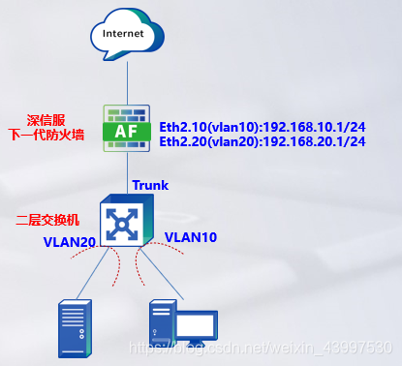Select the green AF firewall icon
click(127, 128)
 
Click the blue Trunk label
click(150, 184)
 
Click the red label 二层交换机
click(48, 222)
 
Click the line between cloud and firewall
click(127, 82)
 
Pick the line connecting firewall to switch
click(127, 174)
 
